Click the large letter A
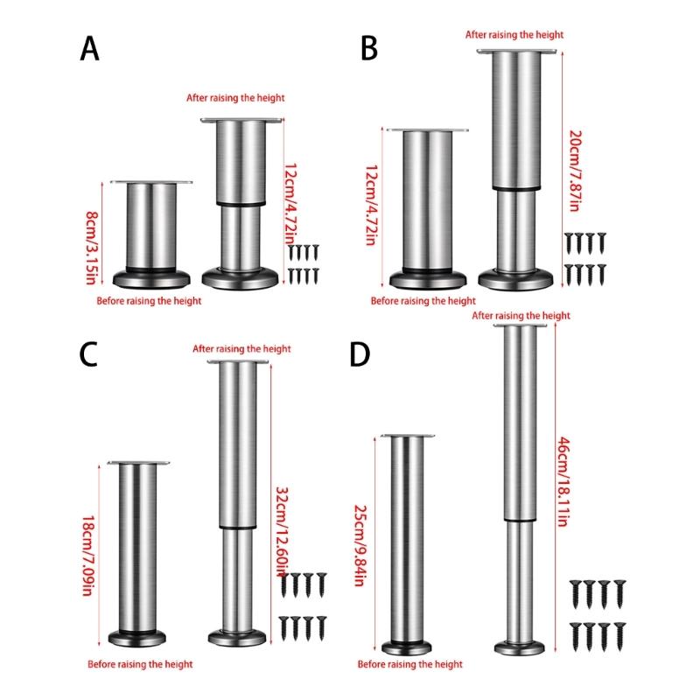coord(89,49)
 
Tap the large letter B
coord(368,49)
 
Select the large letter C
coord(88,354)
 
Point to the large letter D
coord(360,354)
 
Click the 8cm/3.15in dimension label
coord(91,248)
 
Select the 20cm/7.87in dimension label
coord(575,171)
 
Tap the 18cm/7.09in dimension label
coord(88,556)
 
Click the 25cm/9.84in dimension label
coord(360,545)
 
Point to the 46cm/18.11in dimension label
coord(563,482)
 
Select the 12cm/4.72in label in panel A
coord(290,204)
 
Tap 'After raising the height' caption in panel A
coord(235,98)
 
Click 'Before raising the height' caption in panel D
coord(409,664)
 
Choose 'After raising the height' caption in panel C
coord(241,348)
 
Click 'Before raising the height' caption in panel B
coord(423,301)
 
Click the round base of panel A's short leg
coord(151,278)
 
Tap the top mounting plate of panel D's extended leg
coord(520,325)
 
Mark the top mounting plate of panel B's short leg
coord(428,129)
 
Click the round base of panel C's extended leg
coord(237,637)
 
